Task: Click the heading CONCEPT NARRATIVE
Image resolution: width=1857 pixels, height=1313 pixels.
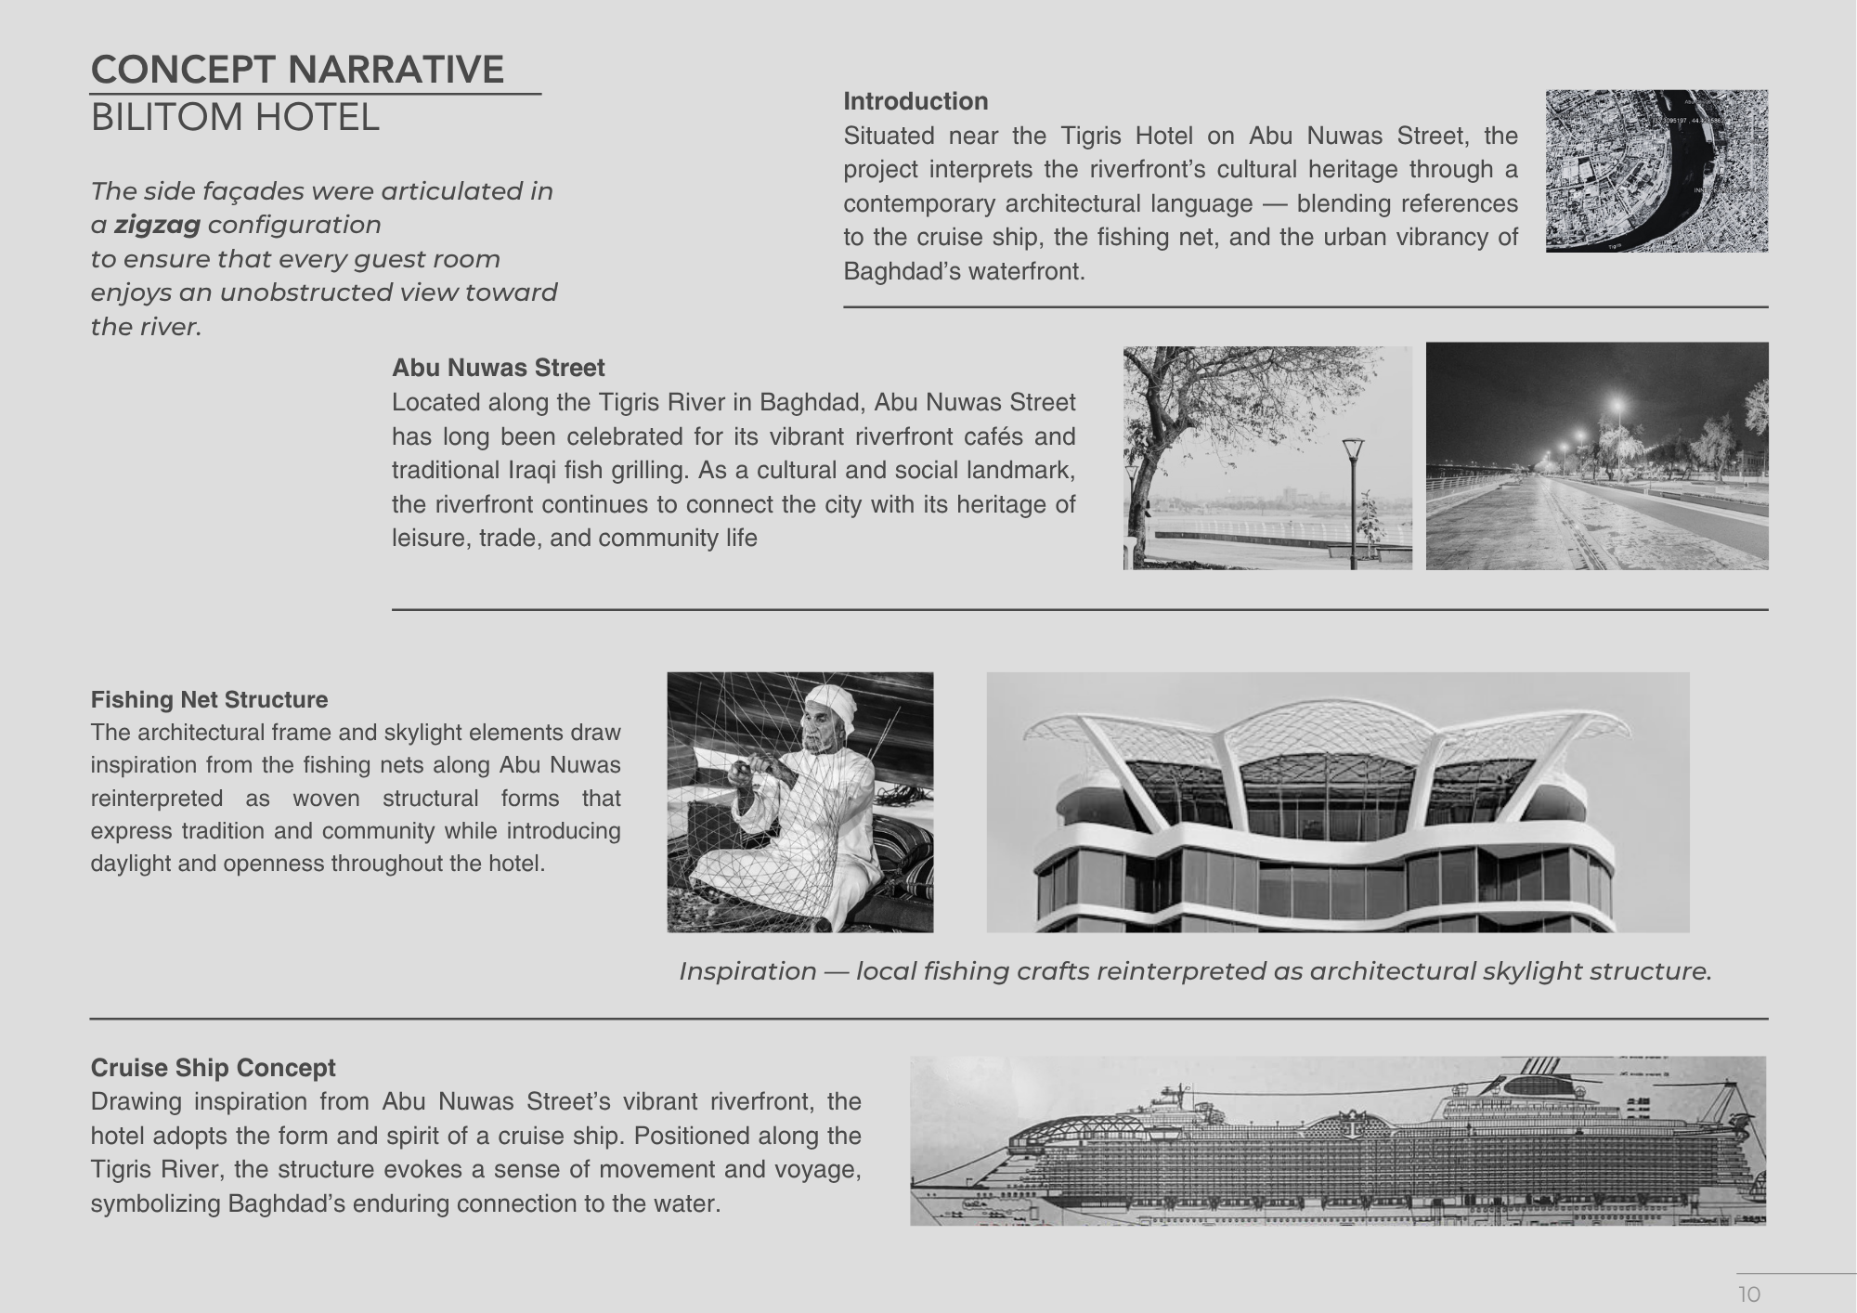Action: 297,70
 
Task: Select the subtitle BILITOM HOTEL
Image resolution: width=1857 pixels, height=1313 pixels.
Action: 235,118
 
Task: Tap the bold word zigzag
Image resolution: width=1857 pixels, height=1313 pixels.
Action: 157,225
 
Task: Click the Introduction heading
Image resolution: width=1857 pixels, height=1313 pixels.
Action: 915,101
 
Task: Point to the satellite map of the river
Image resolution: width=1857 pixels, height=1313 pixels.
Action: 1656,171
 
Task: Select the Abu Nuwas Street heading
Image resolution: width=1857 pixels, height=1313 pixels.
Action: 498,368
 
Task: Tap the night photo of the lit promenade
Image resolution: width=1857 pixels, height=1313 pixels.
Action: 1597,456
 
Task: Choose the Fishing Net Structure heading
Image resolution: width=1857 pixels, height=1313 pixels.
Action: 209,699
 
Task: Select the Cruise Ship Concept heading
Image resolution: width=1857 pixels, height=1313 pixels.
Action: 213,1068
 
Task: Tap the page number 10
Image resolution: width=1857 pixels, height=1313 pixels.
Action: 1749,1294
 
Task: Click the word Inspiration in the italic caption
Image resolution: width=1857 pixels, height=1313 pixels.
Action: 747,971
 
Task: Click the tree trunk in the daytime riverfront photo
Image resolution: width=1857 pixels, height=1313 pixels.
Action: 1136,501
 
